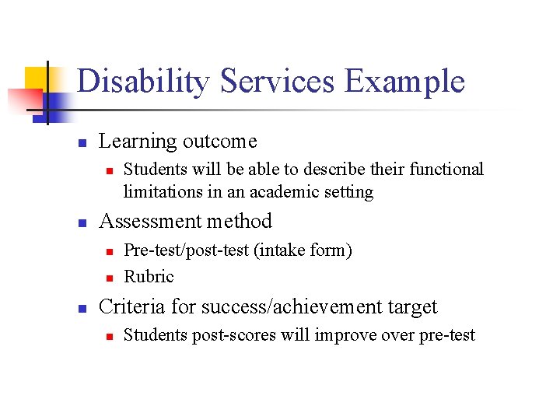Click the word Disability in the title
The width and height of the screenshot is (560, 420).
[143, 82]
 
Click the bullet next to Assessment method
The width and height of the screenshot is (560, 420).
[81, 223]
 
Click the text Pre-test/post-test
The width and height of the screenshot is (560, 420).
[184, 250]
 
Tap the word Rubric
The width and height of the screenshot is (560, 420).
[149, 276]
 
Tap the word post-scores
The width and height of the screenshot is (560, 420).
[221, 336]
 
